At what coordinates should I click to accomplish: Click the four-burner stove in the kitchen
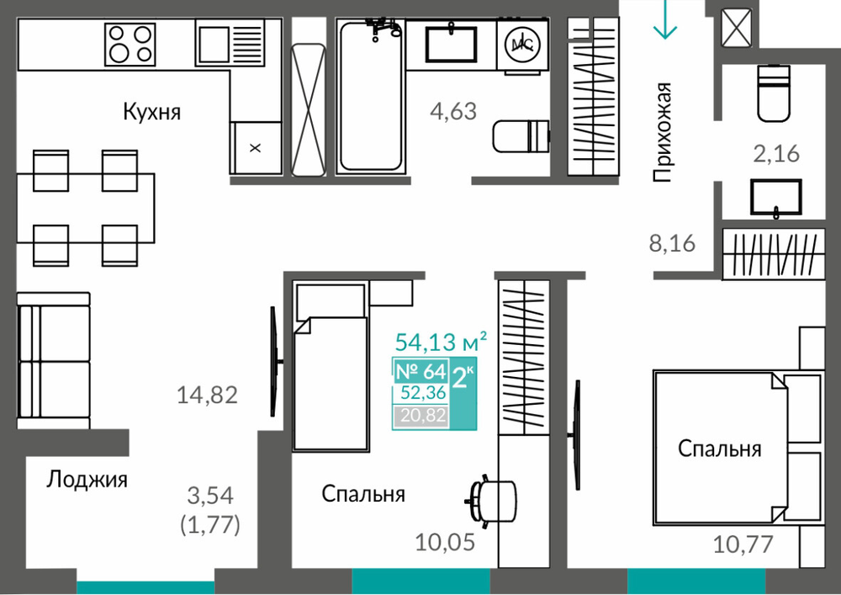pos(130,44)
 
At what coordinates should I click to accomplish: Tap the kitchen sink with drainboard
pos(230,42)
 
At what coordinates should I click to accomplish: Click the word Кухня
pos(151,112)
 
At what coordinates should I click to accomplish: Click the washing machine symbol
pos(522,45)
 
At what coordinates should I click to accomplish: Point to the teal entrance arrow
pos(665,20)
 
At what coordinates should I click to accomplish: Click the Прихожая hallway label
pos(663,132)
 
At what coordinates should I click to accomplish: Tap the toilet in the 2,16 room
pos(774,93)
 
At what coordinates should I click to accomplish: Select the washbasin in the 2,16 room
pos(776,199)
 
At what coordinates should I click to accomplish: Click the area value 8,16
pos(672,243)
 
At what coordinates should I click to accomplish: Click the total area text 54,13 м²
pos(441,341)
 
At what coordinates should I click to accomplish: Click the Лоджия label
pos(87,479)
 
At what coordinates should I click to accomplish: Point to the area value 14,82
pos(207,396)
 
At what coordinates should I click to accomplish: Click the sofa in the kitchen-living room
pos(53,360)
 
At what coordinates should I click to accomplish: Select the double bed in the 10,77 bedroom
pos(738,447)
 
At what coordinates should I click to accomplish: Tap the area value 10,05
pos(445,543)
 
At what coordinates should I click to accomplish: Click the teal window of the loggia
pos(145,588)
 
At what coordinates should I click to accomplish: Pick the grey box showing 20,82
pos(421,416)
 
